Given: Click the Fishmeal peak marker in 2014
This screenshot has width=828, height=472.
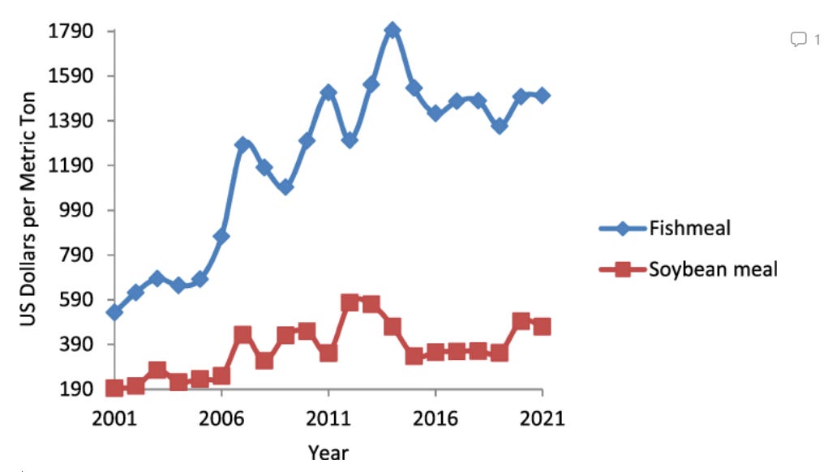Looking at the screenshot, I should pyautogui.click(x=393, y=31).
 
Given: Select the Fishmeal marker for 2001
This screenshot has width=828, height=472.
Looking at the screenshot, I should pyautogui.click(x=114, y=312).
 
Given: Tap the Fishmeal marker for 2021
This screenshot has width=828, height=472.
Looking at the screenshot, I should pyautogui.click(x=543, y=95).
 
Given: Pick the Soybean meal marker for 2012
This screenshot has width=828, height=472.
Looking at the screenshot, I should pyautogui.click(x=350, y=303).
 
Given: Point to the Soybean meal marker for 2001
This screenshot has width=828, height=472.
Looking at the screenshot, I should pyautogui.click(x=114, y=388).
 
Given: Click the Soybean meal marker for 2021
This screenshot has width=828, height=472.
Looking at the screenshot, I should pyautogui.click(x=543, y=326).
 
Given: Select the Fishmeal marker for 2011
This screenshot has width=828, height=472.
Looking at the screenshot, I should pyautogui.click(x=328, y=92).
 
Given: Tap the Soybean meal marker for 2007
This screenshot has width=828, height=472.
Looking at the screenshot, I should pyautogui.click(x=242, y=335).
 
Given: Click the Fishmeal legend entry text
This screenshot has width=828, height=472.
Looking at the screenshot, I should pyautogui.click(x=689, y=228).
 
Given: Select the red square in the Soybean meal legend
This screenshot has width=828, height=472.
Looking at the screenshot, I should pyautogui.click(x=623, y=269).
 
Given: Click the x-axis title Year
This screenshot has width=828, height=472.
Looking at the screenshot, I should pyautogui.click(x=328, y=451).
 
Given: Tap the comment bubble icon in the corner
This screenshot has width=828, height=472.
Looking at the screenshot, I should pyautogui.click(x=799, y=39).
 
